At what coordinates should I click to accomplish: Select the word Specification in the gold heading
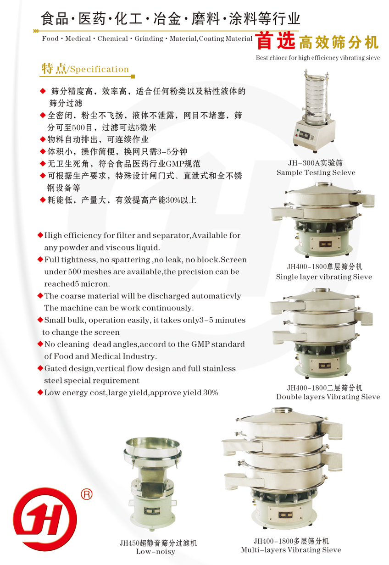pyautogui.click(x=100, y=69)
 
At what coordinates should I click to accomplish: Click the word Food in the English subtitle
pyautogui.click(x=50, y=39)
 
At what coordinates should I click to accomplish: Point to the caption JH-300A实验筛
pyautogui.click(x=315, y=163)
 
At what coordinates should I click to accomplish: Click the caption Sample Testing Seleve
pyautogui.click(x=316, y=172)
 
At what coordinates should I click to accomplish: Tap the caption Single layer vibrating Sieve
pyautogui.click(x=324, y=277)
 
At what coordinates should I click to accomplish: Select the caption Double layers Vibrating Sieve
pyautogui.click(x=328, y=397)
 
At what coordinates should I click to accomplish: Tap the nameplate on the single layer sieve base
pyautogui.click(x=325, y=244)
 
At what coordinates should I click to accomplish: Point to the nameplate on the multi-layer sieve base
pyautogui.click(x=285, y=515)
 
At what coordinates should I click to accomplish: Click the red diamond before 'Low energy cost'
pyautogui.click(x=40, y=392)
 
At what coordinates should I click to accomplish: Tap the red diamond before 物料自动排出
pyautogui.click(x=43, y=139)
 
